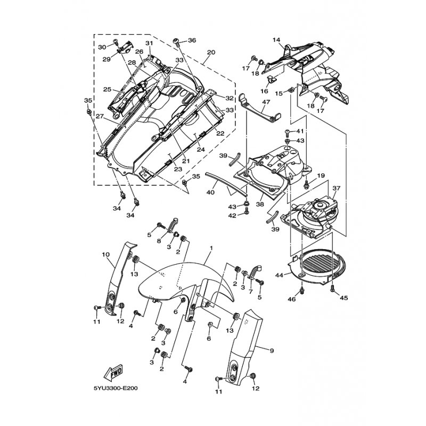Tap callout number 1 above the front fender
pyautogui.click(x=211, y=249)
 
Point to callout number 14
pyautogui.click(x=277, y=40)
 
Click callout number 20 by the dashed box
pyautogui.click(x=211, y=52)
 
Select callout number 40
pyautogui.click(x=211, y=192)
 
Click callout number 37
pyautogui.click(x=336, y=189)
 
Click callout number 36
pyautogui.click(x=192, y=40)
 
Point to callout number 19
pyautogui.click(x=321, y=176)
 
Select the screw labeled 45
pyautogui.click(x=333, y=288)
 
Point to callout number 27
pyautogui.click(x=100, y=116)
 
